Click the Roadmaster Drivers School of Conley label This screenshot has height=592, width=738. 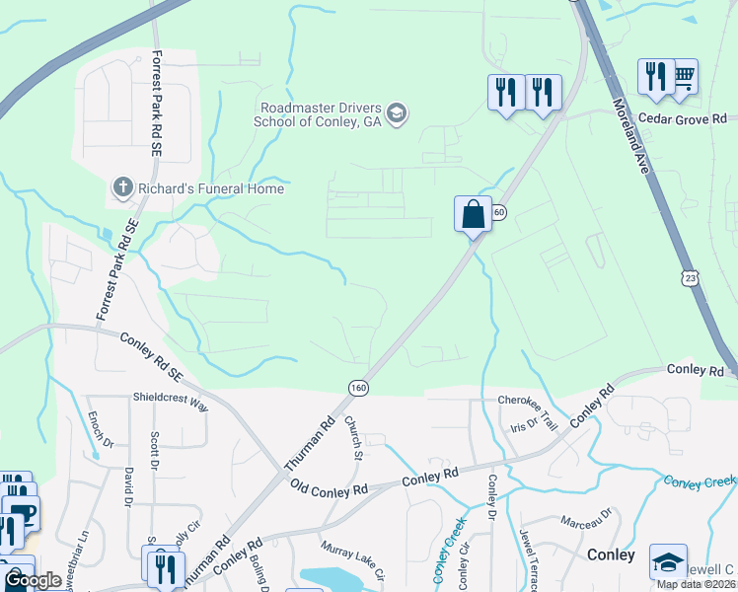pos(320,115)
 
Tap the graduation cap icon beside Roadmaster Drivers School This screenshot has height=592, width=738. pos(398,112)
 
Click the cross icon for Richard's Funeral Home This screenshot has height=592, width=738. pos(122,186)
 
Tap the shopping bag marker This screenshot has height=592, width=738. pos(474,213)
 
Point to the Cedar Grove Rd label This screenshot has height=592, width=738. pos(680,118)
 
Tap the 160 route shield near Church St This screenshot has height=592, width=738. pos(357,389)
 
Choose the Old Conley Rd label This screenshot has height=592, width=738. pos(330,487)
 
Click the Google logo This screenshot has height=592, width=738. pos(34,580)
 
